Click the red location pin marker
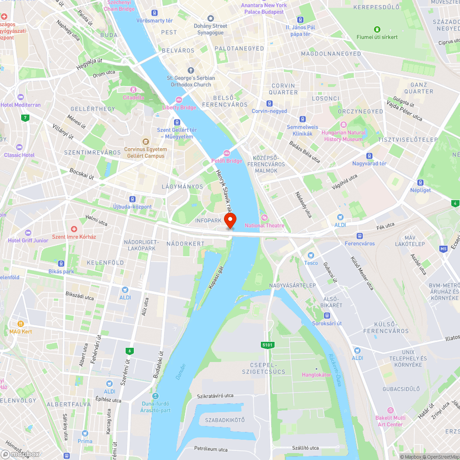(x=230, y=220)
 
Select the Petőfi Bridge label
(x=226, y=161)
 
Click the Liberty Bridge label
(x=179, y=107)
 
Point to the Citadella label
(x=133, y=97)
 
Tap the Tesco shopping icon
(x=311, y=255)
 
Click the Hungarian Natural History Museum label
(x=343, y=136)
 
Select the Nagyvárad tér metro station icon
(x=369, y=155)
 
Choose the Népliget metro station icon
(x=420, y=183)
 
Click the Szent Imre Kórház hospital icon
(x=74, y=229)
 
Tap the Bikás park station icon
(x=61, y=264)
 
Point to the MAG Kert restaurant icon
(x=21, y=324)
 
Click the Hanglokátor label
(x=316, y=374)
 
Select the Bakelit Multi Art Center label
(x=391, y=421)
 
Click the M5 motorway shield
(x=443, y=249)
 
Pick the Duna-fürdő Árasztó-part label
(x=156, y=407)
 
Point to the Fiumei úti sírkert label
(x=377, y=37)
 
